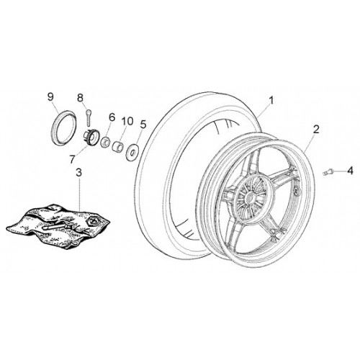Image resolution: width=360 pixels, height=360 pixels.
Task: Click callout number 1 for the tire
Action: click(x=271, y=100)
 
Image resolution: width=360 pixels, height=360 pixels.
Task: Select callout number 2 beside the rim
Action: click(x=316, y=130)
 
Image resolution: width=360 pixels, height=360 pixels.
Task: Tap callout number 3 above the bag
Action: click(x=78, y=173)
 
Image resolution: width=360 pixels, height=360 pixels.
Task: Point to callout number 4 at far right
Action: click(x=350, y=171)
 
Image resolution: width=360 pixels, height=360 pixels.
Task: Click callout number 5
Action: click(x=143, y=125)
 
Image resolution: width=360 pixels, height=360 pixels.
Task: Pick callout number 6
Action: click(x=112, y=117)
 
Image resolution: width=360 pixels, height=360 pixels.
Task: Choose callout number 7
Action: click(x=72, y=159)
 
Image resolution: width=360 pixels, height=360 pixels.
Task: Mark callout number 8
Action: click(x=80, y=98)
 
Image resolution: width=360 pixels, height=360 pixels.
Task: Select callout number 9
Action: click(x=50, y=97)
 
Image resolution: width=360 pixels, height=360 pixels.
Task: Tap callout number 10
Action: click(x=127, y=121)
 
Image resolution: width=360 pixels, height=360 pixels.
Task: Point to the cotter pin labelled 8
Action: click(x=88, y=117)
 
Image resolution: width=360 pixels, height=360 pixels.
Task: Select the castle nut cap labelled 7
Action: click(x=91, y=137)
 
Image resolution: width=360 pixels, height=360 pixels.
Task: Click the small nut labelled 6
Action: click(x=105, y=142)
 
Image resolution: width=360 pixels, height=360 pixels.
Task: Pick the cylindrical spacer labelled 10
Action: click(x=118, y=145)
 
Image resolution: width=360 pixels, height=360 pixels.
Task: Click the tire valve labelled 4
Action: click(x=328, y=172)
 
